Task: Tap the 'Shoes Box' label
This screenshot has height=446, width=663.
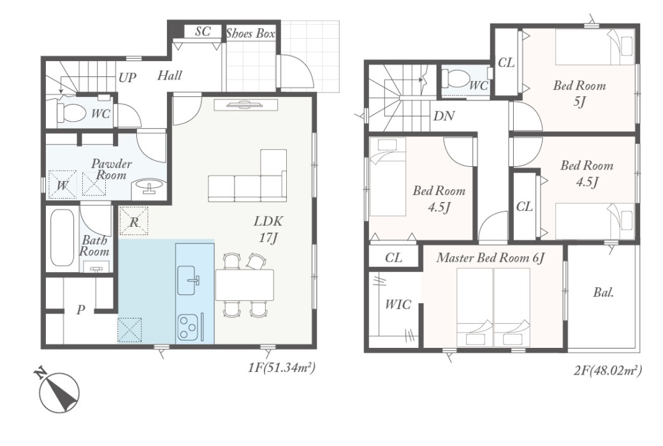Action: click(x=251, y=33)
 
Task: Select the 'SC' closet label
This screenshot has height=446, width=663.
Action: click(x=203, y=32)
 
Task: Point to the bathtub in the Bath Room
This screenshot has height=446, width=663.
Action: click(x=62, y=238)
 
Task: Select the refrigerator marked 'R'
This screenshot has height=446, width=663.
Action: click(x=134, y=221)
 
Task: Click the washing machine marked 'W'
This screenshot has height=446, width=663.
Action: click(x=62, y=184)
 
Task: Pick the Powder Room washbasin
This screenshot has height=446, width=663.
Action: click(x=149, y=187)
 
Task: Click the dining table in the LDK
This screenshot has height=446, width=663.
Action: click(x=244, y=285)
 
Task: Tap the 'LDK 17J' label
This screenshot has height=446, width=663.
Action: click(x=268, y=229)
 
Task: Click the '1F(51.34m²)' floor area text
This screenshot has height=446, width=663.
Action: click(x=282, y=368)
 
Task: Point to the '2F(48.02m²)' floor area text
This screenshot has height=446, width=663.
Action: click(x=608, y=370)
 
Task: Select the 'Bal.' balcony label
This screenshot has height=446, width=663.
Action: click(x=603, y=292)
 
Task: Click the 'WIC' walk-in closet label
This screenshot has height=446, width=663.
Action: click(x=398, y=305)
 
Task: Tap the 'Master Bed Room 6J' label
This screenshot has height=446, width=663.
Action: click(x=490, y=257)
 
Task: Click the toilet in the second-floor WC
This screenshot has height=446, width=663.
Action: click(x=455, y=78)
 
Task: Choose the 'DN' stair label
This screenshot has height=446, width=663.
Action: click(x=444, y=116)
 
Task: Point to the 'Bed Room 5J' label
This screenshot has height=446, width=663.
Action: click(x=579, y=93)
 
